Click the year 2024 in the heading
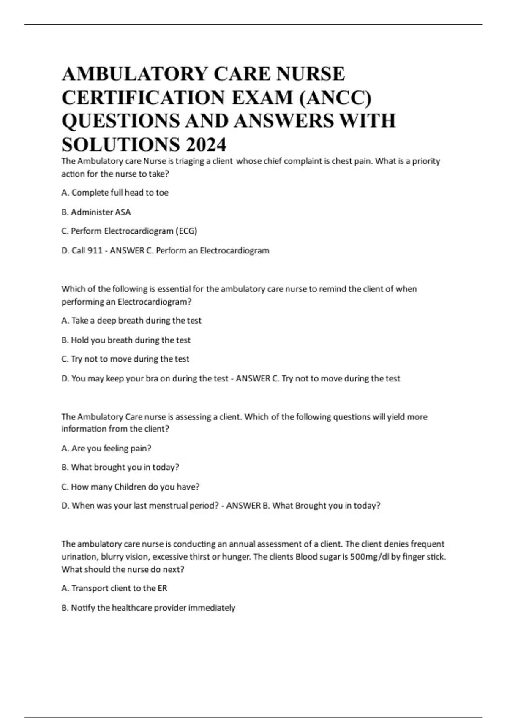point(206,145)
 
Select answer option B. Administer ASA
point(96,212)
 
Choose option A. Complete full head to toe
point(115,193)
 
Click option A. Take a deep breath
point(131,321)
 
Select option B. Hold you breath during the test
point(126,340)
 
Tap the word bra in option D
point(152,378)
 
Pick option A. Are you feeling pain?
point(106,448)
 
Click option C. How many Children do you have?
point(131,487)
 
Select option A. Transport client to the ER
point(114,588)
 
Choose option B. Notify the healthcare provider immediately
point(148,608)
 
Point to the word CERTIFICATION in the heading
point(143,98)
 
